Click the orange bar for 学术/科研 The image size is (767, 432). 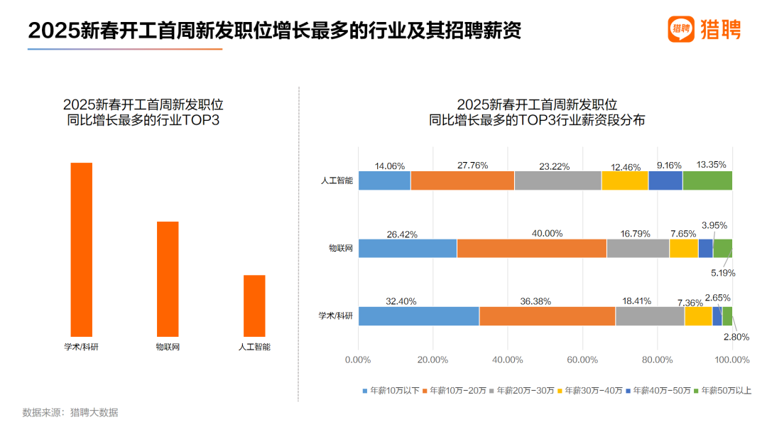pos(82,249)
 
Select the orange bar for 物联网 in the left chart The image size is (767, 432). pos(168,278)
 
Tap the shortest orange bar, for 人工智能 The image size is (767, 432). pos(254,305)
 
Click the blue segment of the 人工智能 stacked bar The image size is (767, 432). pos(384,180)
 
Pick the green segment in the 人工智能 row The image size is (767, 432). pos(707,180)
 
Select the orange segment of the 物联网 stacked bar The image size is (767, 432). pos(531,248)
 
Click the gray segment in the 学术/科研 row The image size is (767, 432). pos(650,316)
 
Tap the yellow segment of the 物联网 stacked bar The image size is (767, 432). pos(683,248)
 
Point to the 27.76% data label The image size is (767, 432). pos(472,166)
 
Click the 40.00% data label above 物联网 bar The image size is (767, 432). pos(547,233)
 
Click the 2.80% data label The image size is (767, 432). pos(736,337)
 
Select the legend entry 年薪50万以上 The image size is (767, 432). pos(722,390)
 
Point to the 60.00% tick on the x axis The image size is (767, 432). pos(582,360)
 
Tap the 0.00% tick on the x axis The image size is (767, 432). pos(358,360)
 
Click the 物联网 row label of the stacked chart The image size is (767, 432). pos(340,248)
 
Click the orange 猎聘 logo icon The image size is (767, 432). pos(680,28)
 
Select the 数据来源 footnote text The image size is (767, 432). pos(70,412)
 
